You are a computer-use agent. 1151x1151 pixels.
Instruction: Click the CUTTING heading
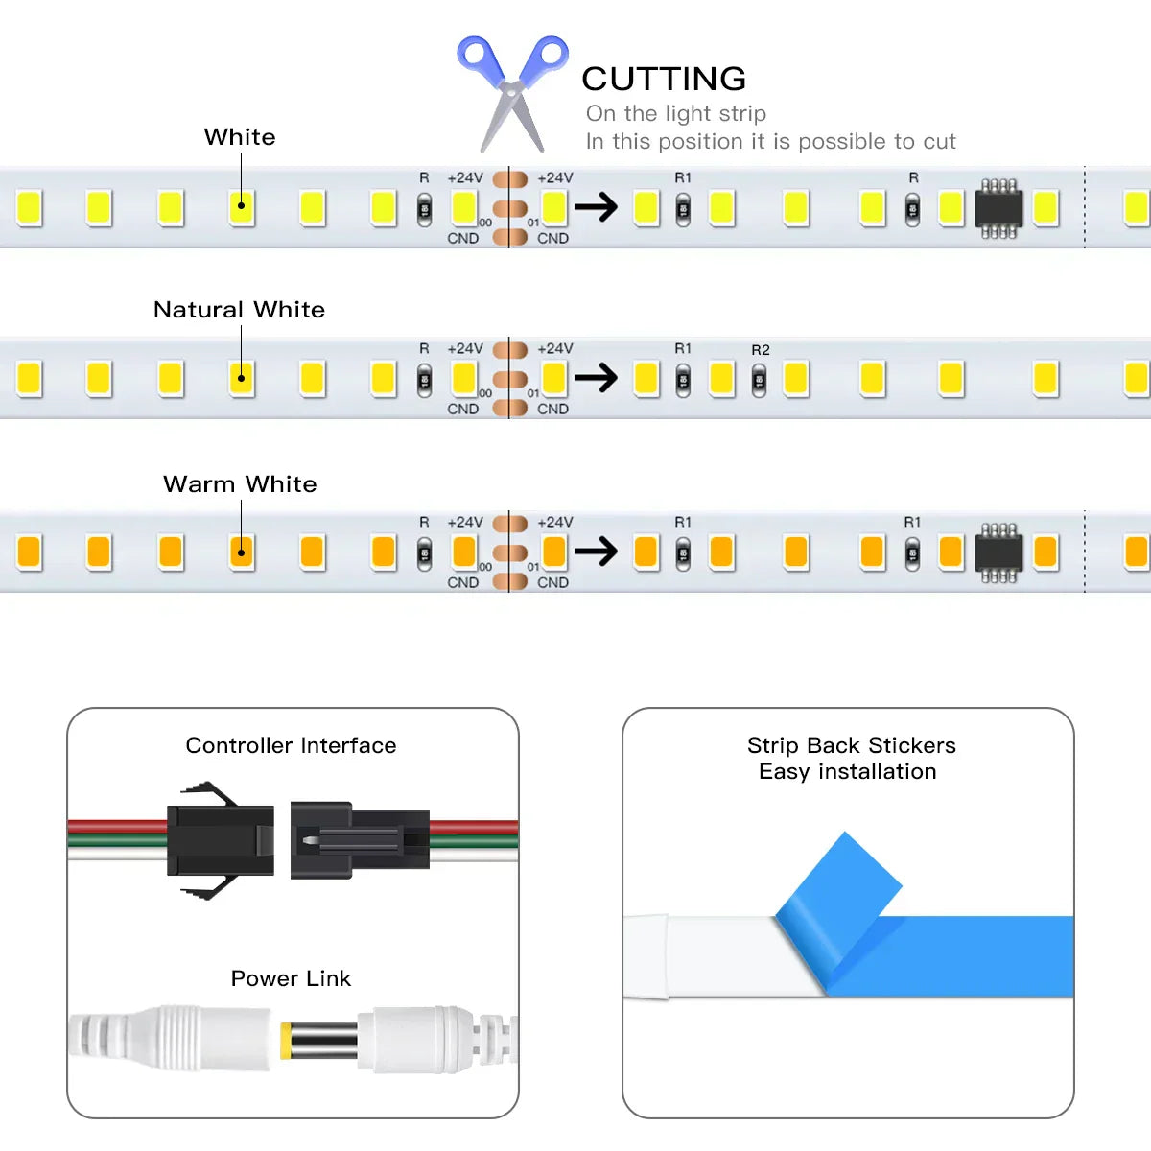[x=664, y=79]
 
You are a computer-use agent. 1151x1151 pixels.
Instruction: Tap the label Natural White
[x=239, y=310]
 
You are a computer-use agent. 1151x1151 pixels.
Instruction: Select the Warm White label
[x=240, y=484]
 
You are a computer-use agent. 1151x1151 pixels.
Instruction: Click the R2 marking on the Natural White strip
[x=761, y=350]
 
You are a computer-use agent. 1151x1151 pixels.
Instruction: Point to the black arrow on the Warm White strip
[x=596, y=552]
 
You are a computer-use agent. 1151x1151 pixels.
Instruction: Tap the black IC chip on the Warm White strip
[x=998, y=553]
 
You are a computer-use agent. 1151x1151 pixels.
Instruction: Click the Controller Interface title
[x=291, y=745]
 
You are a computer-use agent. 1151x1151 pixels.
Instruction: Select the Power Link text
[x=291, y=978]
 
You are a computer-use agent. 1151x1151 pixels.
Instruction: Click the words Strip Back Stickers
[x=851, y=745]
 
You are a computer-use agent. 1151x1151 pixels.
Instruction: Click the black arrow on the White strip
[x=596, y=207]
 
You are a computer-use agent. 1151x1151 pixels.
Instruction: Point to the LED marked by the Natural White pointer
[x=242, y=379]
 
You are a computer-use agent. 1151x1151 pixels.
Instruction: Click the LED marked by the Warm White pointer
[x=242, y=552]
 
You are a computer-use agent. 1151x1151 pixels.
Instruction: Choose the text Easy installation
[x=847, y=771]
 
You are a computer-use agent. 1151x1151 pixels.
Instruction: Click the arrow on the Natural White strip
[x=596, y=378]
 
